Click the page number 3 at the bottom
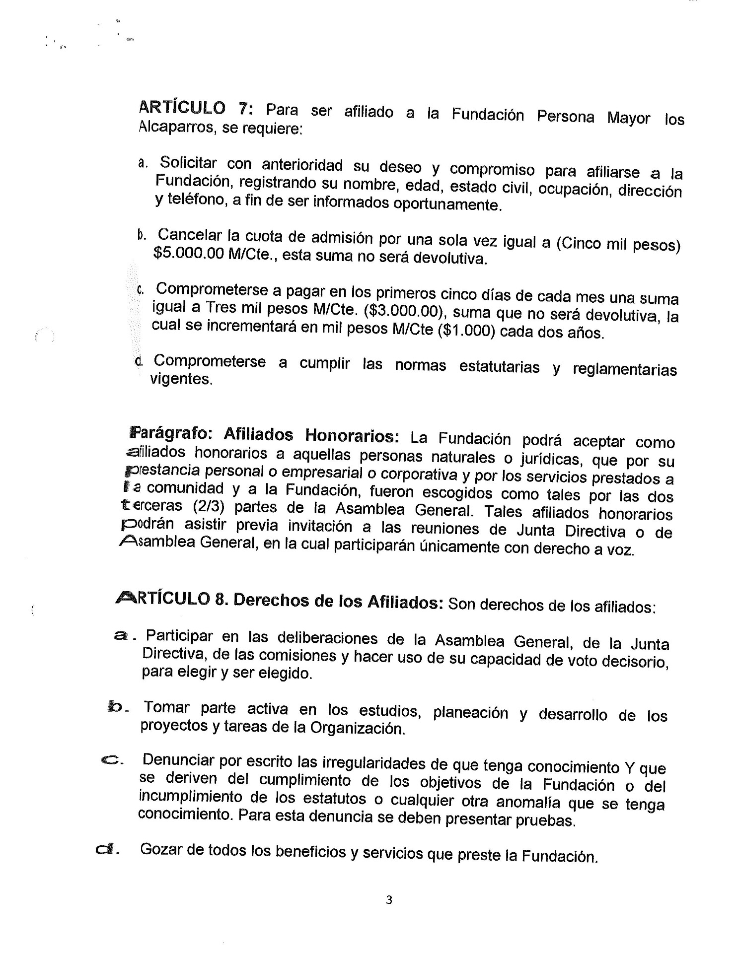(389, 899)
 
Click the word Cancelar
(189, 234)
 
